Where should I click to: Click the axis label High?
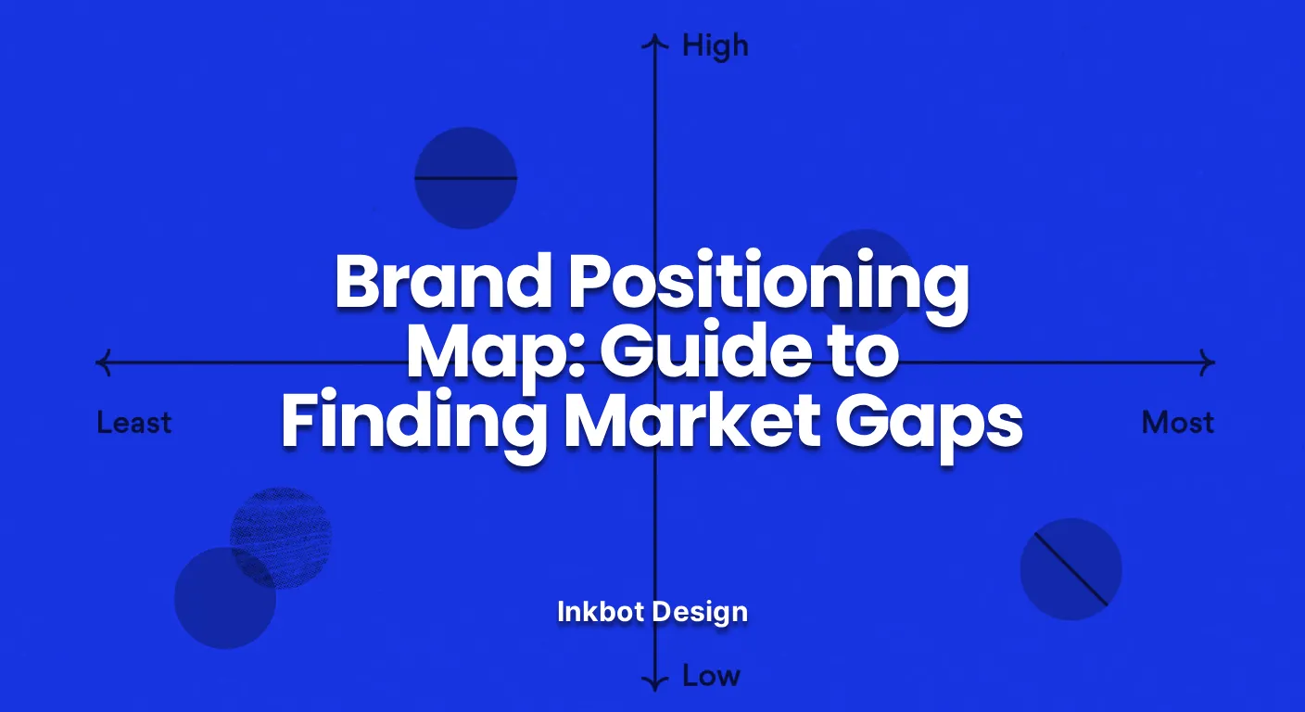coord(715,46)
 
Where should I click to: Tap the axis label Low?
coord(711,676)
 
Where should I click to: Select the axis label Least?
coord(134,424)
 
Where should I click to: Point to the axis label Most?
coord(1177,424)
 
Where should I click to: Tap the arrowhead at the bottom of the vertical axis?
coord(655,684)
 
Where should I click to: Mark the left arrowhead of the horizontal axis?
coord(103,362)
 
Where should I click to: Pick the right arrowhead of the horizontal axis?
coord(1208,362)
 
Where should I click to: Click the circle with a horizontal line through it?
coord(465,178)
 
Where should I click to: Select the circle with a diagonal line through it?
coord(1071,569)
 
